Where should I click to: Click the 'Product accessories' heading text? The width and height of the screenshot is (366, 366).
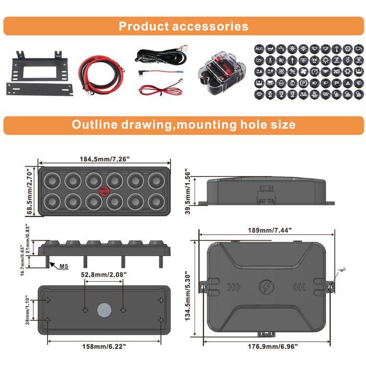183,26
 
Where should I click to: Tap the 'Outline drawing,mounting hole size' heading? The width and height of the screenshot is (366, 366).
183,125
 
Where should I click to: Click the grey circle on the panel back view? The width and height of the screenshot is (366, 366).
104,310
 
